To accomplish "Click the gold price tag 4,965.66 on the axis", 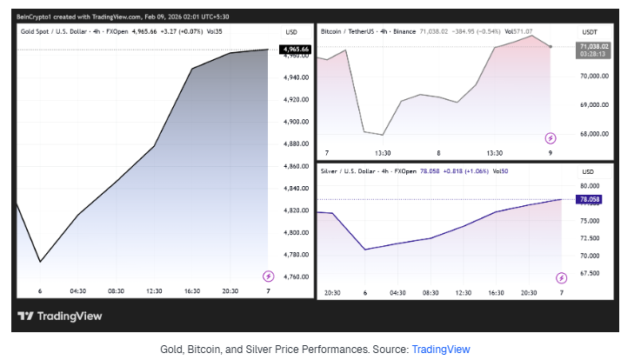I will tap(294, 49).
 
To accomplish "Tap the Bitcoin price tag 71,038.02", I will tap(594, 46).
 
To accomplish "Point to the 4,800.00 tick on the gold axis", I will tap(294, 232).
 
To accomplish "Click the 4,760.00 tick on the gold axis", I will tap(294, 277).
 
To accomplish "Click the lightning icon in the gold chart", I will tap(269, 276).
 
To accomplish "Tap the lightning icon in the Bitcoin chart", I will tap(550, 137).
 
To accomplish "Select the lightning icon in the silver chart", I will tap(561, 276).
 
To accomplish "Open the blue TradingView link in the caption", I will tap(440, 349).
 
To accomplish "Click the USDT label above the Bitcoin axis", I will tap(590, 30).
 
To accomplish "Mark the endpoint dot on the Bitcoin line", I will tap(551, 46).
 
